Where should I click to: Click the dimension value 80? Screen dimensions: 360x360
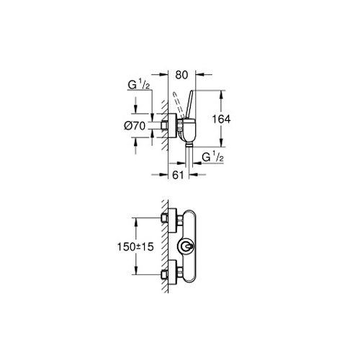pyautogui.click(x=181, y=75)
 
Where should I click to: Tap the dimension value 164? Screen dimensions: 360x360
pyautogui.click(x=221, y=119)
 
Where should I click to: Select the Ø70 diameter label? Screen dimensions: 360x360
pyautogui.click(x=135, y=126)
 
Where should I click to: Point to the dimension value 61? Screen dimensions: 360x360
pyautogui.click(x=178, y=175)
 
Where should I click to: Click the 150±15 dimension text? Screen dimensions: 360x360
pyautogui.click(x=135, y=247)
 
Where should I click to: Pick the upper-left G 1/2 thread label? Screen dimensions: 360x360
pyautogui.click(x=139, y=85)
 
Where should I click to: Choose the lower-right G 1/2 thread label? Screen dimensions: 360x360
pyautogui.click(x=213, y=157)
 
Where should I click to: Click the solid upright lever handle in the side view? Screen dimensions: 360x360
pyautogui.click(x=189, y=105)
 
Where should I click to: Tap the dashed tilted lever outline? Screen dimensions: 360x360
pyautogui.click(x=177, y=105)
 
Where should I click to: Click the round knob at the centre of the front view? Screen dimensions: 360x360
pyautogui.click(x=186, y=246)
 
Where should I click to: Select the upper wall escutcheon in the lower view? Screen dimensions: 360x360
pyautogui.click(x=172, y=220)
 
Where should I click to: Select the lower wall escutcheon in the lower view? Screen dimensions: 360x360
pyautogui.click(x=172, y=272)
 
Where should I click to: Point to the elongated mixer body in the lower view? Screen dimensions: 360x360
pyautogui.click(x=189, y=246)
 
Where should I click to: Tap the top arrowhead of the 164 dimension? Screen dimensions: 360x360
pyautogui.click(x=221, y=94)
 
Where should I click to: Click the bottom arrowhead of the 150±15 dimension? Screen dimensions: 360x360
pyautogui.click(x=136, y=271)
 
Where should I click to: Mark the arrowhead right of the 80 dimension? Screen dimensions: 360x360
pyautogui.click(x=199, y=75)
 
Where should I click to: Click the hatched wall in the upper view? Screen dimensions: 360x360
pyautogui.click(x=165, y=125)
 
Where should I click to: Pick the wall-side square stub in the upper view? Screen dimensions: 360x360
pyautogui.click(x=163, y=125)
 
